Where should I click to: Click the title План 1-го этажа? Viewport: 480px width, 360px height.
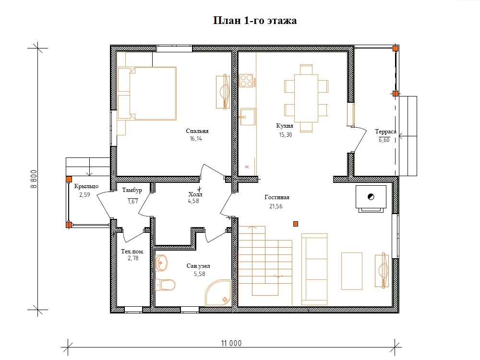point(255,21)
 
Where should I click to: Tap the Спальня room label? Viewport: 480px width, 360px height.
point(197,131)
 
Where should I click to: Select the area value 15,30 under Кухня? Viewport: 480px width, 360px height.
point(285,135)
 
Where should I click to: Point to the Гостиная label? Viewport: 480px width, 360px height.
point(277,197)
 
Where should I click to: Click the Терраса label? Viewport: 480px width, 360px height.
point(386,132)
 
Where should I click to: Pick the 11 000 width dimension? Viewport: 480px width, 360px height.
point(231,343)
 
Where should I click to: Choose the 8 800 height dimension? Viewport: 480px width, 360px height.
point(34,179)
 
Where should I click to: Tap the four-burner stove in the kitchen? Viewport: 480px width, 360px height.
point(246,81)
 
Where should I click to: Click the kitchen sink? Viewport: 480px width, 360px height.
point(248,117)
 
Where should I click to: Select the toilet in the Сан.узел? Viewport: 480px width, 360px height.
point(165,285)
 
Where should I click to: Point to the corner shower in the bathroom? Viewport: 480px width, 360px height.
point(218,293)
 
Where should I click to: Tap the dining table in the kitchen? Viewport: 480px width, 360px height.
point(306,98)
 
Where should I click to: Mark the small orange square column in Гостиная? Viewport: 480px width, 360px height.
point(295,224)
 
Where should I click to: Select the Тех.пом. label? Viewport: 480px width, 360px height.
point(132,252)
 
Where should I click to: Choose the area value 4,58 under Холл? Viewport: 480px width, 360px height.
point(193,201)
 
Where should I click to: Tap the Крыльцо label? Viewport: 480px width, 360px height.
point(86,186)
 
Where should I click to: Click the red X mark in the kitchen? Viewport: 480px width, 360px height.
point(247,167)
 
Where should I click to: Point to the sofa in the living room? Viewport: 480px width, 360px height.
point(314,269)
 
